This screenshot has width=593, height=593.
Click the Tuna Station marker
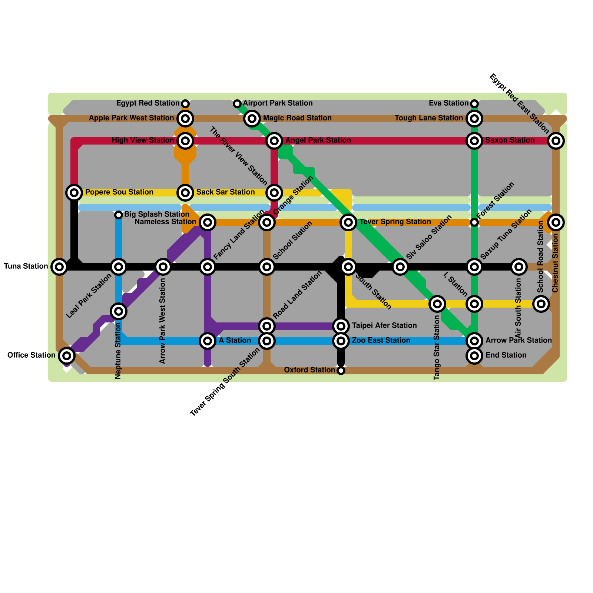pyautogui.click(x=59, y=266)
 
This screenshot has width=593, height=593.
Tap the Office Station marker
pyautogui.click(x=67, y=356)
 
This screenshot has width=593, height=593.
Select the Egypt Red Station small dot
pyautogui.click(x=185, y=103)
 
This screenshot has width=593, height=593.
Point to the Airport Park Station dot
pyautogui.click(x=237, y=103)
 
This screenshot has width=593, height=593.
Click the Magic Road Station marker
pyautogui.click(x=252, y=119)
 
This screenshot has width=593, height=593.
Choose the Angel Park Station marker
pyautogui.click(x=274, y=141)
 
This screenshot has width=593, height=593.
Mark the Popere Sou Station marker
pyautogui.click(x=74, y=193)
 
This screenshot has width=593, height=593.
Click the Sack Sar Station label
pyautogui.click(x=225, y=192)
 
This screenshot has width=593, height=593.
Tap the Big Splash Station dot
pyautogui.click(x=118, y=215)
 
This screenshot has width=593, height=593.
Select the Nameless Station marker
pyautogui.click(x=208, y=222)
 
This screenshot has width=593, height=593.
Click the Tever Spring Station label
pyautogui.click(x=395, y=222)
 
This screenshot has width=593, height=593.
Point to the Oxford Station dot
pyautogui.click(x=341, y=370)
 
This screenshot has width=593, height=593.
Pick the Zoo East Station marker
pyautogui.click(x=341, y=341)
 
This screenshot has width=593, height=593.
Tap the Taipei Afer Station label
pyautogui.click(x=384, y=325)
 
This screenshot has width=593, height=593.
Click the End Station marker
pyautogui.click(x=474, y=356)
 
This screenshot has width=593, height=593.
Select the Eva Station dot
pyautogui.click(x=474, y=103)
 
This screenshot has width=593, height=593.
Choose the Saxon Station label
pyautogui.click(x=510, y=140)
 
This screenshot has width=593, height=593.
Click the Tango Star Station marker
pyautogui.click(x=437, y=304)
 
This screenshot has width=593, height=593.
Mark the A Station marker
pyautogui.click(x=208, y=341)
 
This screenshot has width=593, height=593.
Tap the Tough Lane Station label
pyautogui.click(x=429, y=118)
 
